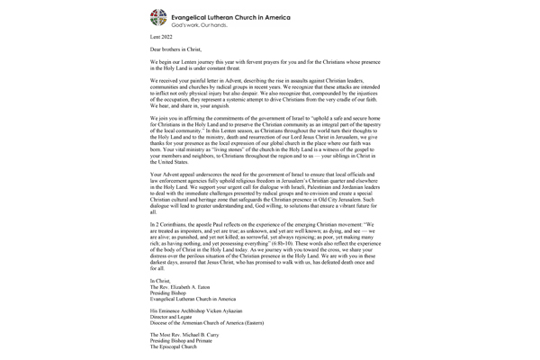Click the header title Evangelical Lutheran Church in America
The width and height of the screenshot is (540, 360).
coord(234,13)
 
